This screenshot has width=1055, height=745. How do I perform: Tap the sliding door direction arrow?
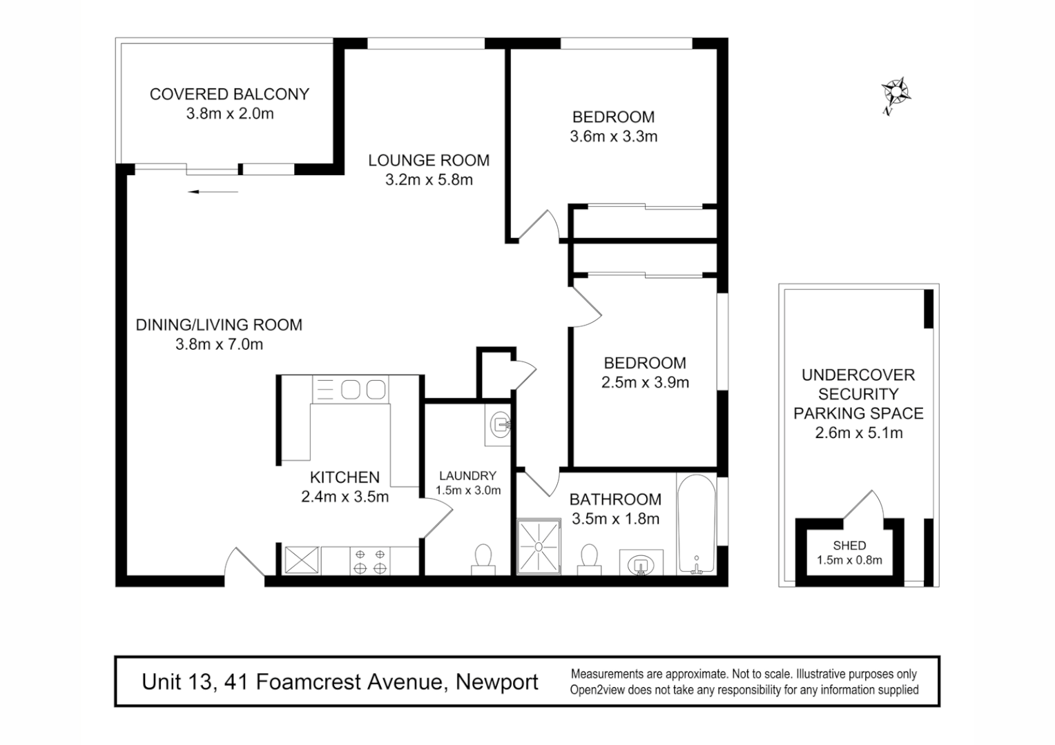pyautogui.click(x=213, y=192)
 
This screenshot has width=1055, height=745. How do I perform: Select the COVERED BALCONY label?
pyautogui.click(x=229, y=95)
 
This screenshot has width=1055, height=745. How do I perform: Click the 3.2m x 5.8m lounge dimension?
pyautogui.click(x=429, y=180)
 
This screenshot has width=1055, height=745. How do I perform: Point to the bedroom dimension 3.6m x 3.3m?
pyautogui.click(x=613, y=137)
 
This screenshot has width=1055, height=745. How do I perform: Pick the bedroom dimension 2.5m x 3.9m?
pyautogui.click(x=645, y=383)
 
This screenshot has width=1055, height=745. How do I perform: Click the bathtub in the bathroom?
pyautogui.click(x=696, y=524)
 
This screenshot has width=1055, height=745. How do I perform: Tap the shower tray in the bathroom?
pyautogui.click(x=539, y=546)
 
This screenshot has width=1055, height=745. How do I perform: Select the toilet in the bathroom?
pyautogui.click(x=589, y=559)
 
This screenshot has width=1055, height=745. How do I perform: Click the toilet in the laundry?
pyautogui.click(x=483, y=559)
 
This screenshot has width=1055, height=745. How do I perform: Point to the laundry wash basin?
pyautogui.click(x=500, y=423)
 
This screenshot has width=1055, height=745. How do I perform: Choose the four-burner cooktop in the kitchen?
pyautogui.click(x=370, y=560)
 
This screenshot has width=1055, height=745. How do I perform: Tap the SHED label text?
pyautogui.click(x=849, y=546)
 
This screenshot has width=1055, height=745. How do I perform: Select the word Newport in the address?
pyautogui.click(x=497, y=682)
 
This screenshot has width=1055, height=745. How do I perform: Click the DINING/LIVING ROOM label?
pyautogui.click(x=219, y=325)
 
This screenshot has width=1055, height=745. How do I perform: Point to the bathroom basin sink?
pyautogui.click(x=641, y=564)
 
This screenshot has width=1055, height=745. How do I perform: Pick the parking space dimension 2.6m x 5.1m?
pyautogui.click(x=858, y=433)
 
